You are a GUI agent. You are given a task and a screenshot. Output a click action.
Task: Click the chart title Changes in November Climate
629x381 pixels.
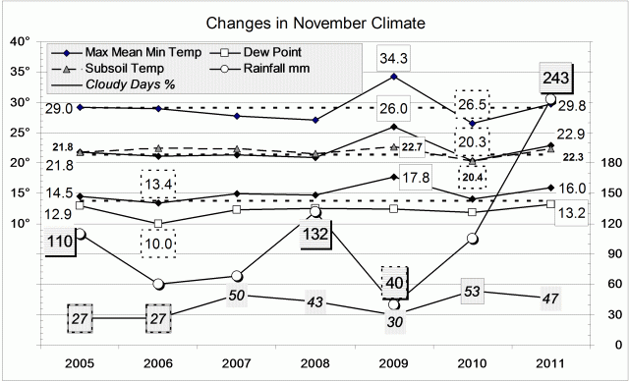(x=314, y=22)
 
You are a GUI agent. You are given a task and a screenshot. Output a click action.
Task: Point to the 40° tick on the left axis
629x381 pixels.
(x=20, y=42)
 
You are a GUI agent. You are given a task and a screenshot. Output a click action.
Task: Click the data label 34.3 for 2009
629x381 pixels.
(x=394, y=59)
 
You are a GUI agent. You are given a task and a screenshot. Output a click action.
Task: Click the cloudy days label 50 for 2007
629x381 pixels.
(x=236, y=296)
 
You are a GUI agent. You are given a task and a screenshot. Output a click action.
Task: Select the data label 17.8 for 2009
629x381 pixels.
(x=419, y=178)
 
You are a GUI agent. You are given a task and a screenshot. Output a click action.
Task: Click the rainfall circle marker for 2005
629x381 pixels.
(x=79, y=234)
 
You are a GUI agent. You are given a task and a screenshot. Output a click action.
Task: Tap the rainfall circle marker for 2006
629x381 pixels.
(x=157, y=285)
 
